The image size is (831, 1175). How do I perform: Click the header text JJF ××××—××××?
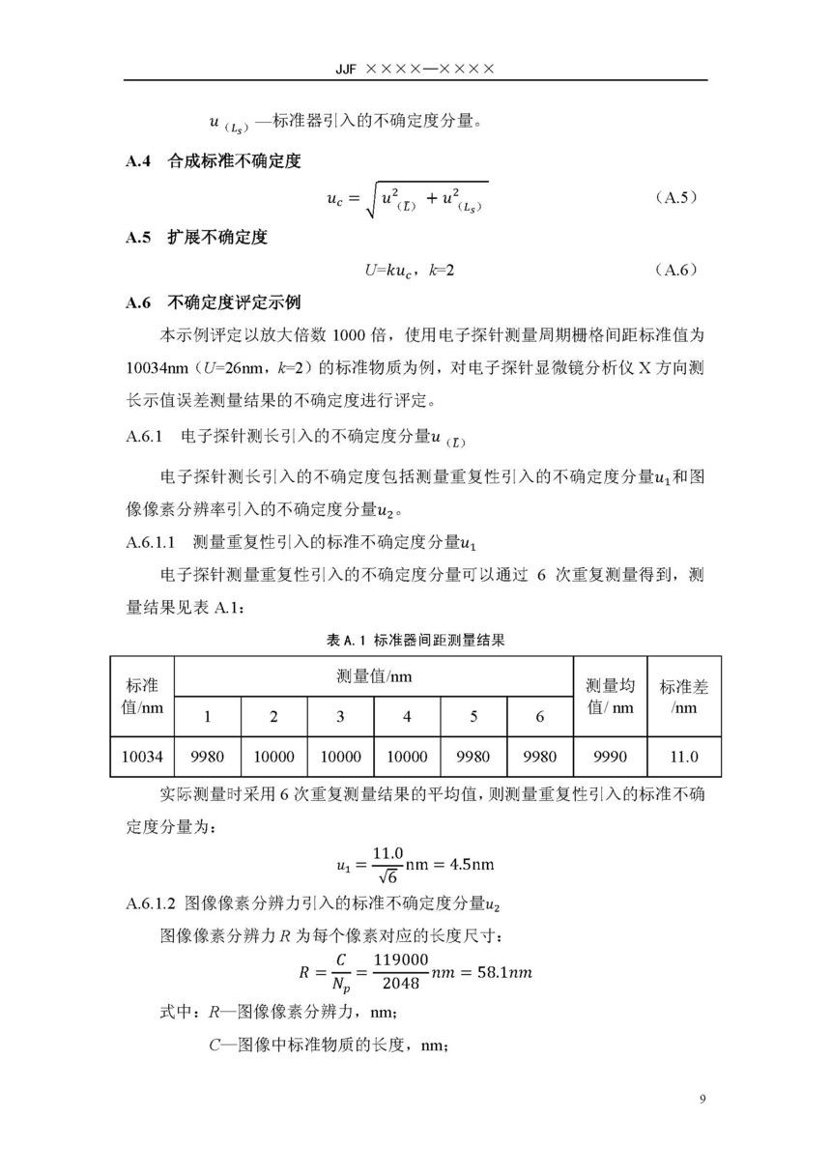pos(416,70)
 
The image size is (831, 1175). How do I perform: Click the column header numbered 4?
pos(407,716)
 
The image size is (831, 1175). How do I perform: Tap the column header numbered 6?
pos(540,716)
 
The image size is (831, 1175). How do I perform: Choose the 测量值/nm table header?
pos(374,676)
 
